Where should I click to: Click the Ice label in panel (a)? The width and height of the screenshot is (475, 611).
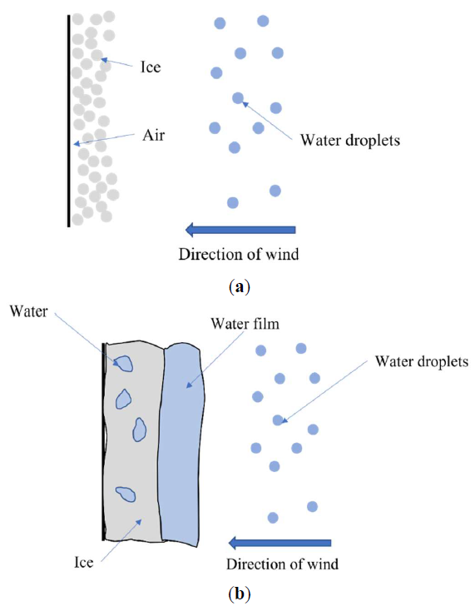[151, 67]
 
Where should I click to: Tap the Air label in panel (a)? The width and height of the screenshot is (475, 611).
[153, 135]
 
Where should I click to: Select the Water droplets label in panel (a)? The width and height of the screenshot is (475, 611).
[350, 140]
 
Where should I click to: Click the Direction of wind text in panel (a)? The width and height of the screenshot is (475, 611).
[239, 254]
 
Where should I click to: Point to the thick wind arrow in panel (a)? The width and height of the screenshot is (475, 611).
[240, 230]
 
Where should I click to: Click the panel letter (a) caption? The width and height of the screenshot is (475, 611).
[240, 287]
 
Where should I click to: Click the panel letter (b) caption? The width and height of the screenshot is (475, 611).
[239, 595]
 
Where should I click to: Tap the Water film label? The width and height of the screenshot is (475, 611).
[245, 324]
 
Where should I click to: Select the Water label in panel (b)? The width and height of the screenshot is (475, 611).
[28, 311]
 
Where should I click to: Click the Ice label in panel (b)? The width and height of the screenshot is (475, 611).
[84, 562]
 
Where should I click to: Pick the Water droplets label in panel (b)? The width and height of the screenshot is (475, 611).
[421, 361]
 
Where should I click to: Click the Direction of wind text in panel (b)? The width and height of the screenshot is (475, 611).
[282, 564]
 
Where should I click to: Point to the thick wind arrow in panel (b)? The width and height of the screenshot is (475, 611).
[280, 543]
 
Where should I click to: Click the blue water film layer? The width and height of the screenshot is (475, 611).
[181, 445]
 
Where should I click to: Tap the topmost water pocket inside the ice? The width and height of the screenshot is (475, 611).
[124, 364]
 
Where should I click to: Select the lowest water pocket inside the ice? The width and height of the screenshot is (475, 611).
[126, 494]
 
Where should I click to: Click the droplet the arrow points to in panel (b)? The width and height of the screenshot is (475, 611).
[278, 420]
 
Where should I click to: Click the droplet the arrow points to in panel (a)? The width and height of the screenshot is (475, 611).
[238, 97]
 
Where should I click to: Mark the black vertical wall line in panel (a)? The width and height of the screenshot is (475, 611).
[68, 121]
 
